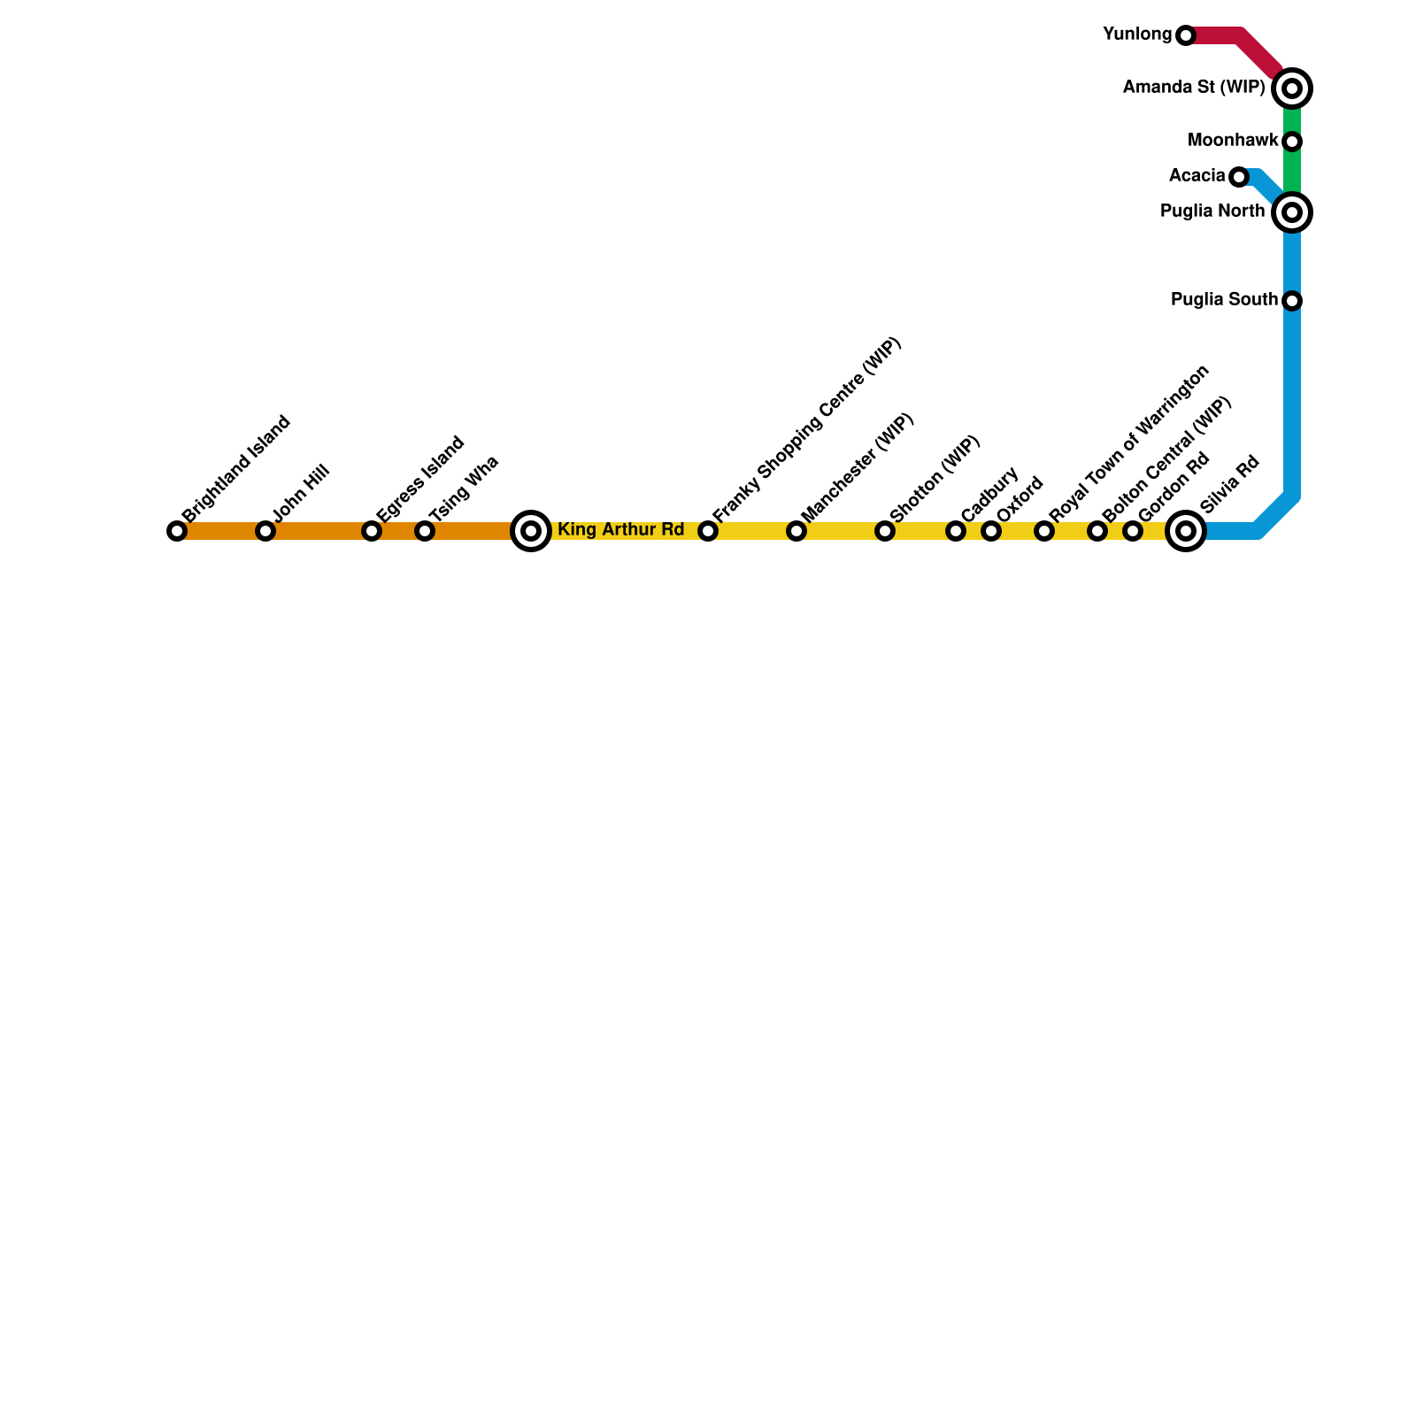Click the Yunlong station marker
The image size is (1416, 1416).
point(1186,35)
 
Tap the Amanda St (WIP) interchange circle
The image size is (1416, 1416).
point(1292,88)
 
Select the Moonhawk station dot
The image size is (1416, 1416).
point(1292,142)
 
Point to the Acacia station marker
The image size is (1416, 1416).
point(1239,177)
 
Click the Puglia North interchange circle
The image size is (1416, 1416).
point(1292,212)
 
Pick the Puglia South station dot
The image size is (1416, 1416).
point(1292,301)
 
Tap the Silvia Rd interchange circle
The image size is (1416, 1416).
point(1186,531)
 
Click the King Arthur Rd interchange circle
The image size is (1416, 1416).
point(531,531)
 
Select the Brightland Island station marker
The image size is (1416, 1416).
point(177,531)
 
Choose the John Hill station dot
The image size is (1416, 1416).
point(265,531)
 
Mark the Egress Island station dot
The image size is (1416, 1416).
point(372,531)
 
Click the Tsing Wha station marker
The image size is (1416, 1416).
point(425,531)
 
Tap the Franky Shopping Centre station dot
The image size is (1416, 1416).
point(708,531)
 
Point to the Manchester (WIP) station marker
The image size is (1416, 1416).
point(796,531)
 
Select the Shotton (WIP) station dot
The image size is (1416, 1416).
point(885,531)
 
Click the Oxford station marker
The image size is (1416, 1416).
point(991,531)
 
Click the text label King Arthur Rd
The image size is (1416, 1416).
point(620,530)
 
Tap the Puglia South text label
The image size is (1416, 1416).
point(1224,300)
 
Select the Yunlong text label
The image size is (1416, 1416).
point(1137,35)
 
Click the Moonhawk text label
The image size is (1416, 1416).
point(1233,141)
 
